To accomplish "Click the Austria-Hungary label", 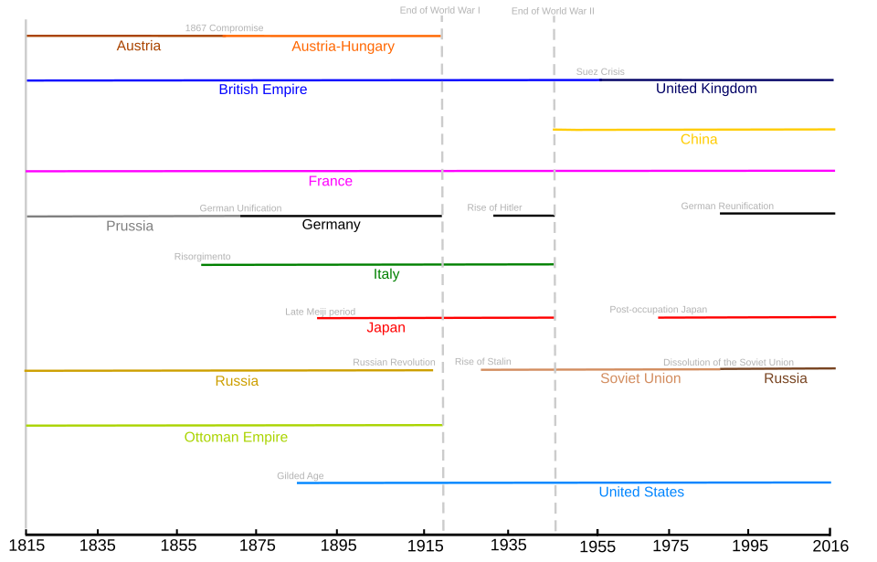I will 343,47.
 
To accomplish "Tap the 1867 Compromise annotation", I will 224,28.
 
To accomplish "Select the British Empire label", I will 262,90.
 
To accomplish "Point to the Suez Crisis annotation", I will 600,71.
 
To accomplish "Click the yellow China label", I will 699,140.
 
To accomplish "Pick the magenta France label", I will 330,181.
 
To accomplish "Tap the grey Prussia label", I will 130,226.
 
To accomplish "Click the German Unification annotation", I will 240,208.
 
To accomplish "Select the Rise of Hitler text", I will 494,207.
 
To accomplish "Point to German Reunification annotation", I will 727,206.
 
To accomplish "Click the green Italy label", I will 386,274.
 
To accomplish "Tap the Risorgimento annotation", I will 202,257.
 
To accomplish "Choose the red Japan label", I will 386,327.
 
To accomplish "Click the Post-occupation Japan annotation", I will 658,310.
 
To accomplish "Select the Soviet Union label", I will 640,378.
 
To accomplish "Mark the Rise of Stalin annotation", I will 482,362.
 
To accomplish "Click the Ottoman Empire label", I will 236,437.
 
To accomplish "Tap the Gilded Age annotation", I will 300,476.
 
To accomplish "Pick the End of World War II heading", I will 552,11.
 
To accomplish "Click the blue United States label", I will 641,492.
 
